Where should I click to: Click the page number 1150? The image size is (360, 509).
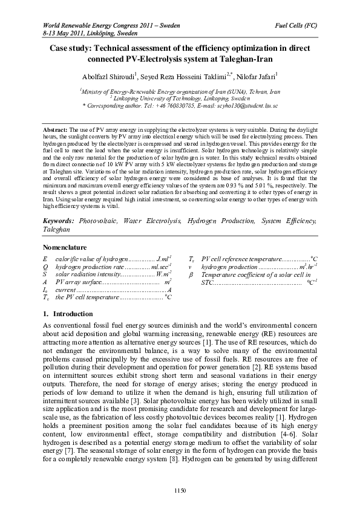[180, 489]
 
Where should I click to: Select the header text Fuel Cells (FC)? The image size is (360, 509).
[297, 25]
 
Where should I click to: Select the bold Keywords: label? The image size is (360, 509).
[59, 222]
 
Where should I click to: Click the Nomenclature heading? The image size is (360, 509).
[65, 248]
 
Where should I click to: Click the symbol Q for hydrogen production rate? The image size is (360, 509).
[46, 266]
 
